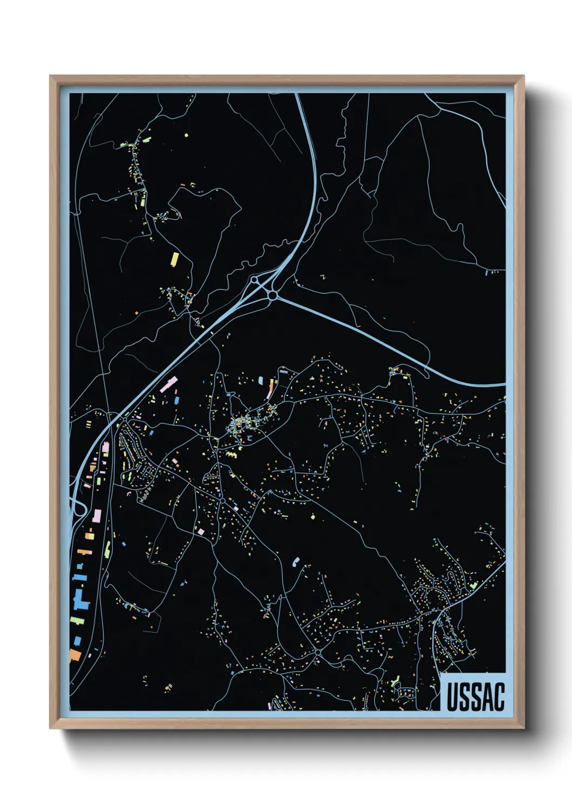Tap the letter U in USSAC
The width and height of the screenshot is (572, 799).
click(453, 696)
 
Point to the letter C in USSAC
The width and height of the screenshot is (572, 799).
click(498, 696)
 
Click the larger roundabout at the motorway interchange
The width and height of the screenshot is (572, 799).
click(272, 295)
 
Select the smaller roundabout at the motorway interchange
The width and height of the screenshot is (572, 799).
click(254, 280)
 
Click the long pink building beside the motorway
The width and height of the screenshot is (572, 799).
click(169, 384)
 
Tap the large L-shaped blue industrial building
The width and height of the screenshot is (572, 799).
click(79, 599)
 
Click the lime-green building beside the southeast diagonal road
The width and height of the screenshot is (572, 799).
click(474, 585)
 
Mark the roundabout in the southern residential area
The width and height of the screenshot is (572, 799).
click(318, 653)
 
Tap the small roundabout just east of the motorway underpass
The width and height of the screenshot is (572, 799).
click(125, 419)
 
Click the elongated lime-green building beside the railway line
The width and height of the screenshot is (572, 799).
click(108, 550)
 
